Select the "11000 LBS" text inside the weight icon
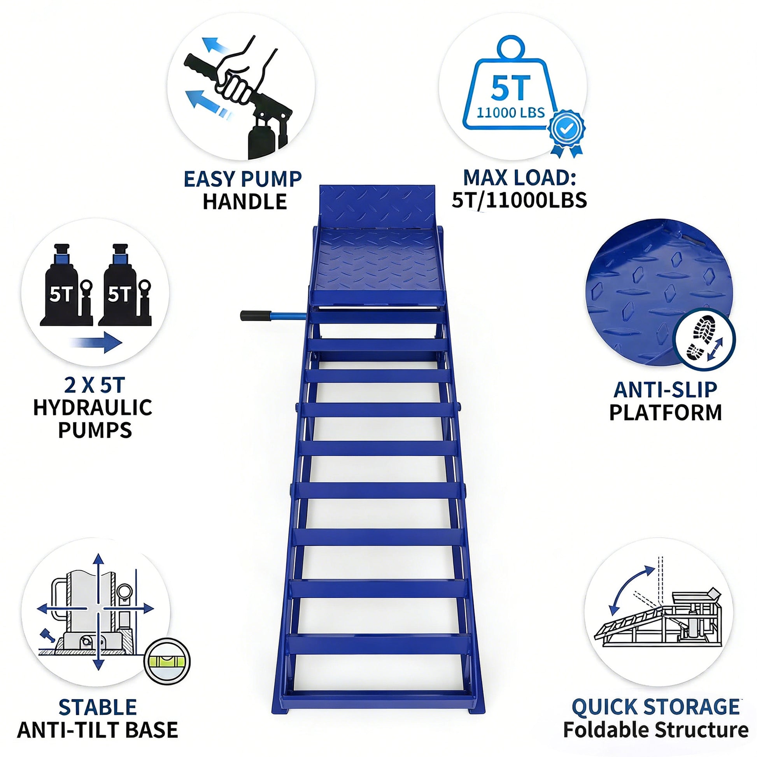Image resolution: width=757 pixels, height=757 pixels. pyautogui.click(x=510, y=113)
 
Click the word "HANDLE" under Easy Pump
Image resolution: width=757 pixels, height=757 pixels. pyautogui.click(x=245, y=202)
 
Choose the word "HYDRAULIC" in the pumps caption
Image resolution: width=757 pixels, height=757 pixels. pyautogui.click(x=93, y=408)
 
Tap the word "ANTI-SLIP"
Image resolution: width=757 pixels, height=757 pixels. pyautogui.click(x=665, y=389)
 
